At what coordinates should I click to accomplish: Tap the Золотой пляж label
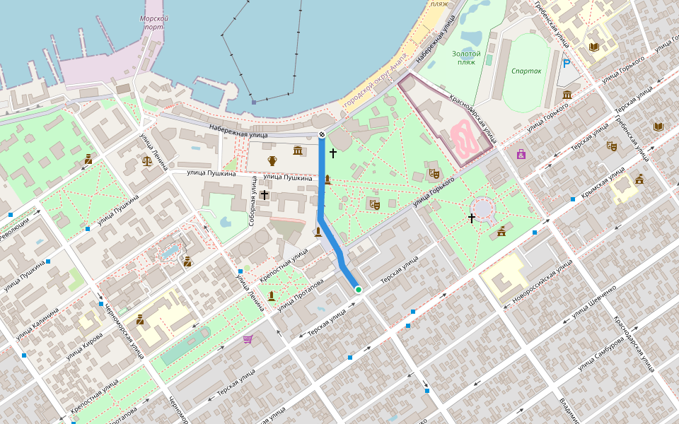pos(467,58)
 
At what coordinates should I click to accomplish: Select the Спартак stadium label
pos(526,71)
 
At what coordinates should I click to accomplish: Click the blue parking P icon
pos(567,64)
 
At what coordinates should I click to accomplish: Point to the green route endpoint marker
pos(359,289)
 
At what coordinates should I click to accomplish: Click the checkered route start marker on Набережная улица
pos(322,134)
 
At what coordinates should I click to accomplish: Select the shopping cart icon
pos(248,339)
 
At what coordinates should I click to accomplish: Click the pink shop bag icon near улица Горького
pos(521,153)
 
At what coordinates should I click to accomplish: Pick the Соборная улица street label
pos(252,201)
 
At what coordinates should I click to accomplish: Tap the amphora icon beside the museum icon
pos(272,160)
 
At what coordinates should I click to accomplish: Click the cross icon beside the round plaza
pos(472,218)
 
